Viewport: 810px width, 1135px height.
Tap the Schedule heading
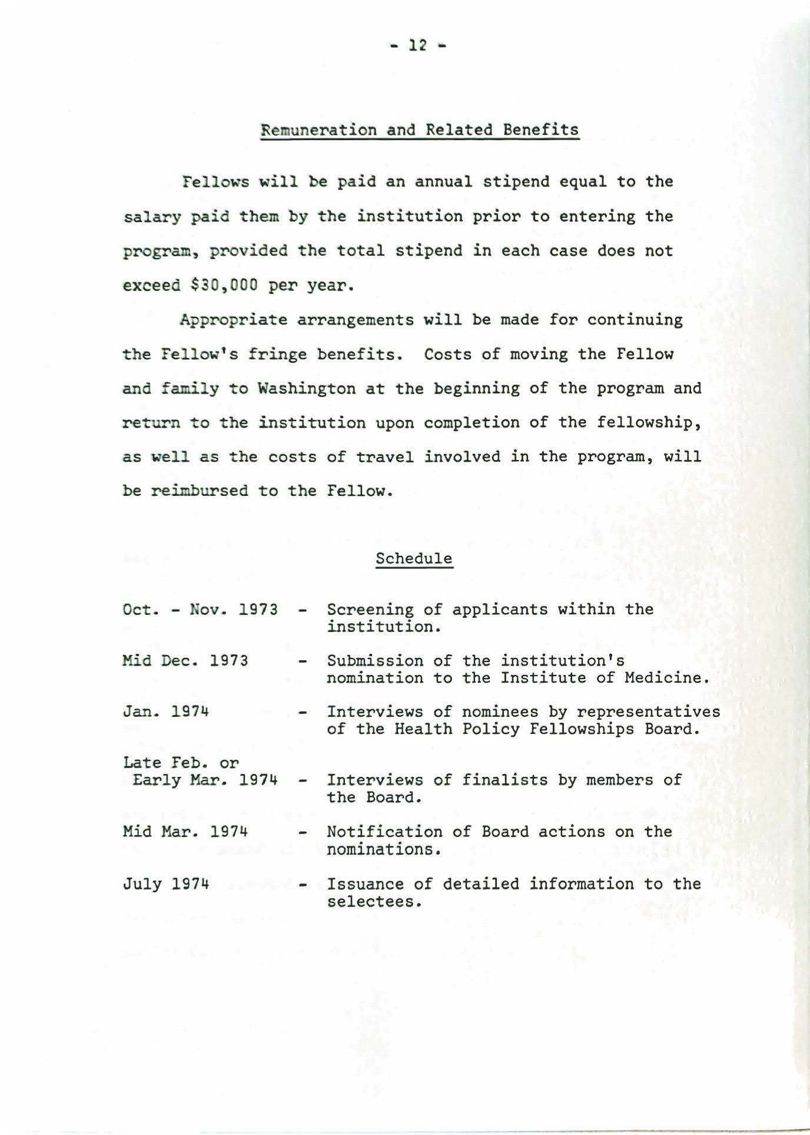click(414, 558)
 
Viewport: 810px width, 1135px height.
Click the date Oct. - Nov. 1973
click(200, 609)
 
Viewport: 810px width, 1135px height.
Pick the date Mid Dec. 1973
click(185, 660)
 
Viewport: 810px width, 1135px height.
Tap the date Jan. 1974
click(167, 712)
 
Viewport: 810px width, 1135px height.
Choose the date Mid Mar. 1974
click(185, 832)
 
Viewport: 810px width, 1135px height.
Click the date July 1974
click(167, 883)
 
